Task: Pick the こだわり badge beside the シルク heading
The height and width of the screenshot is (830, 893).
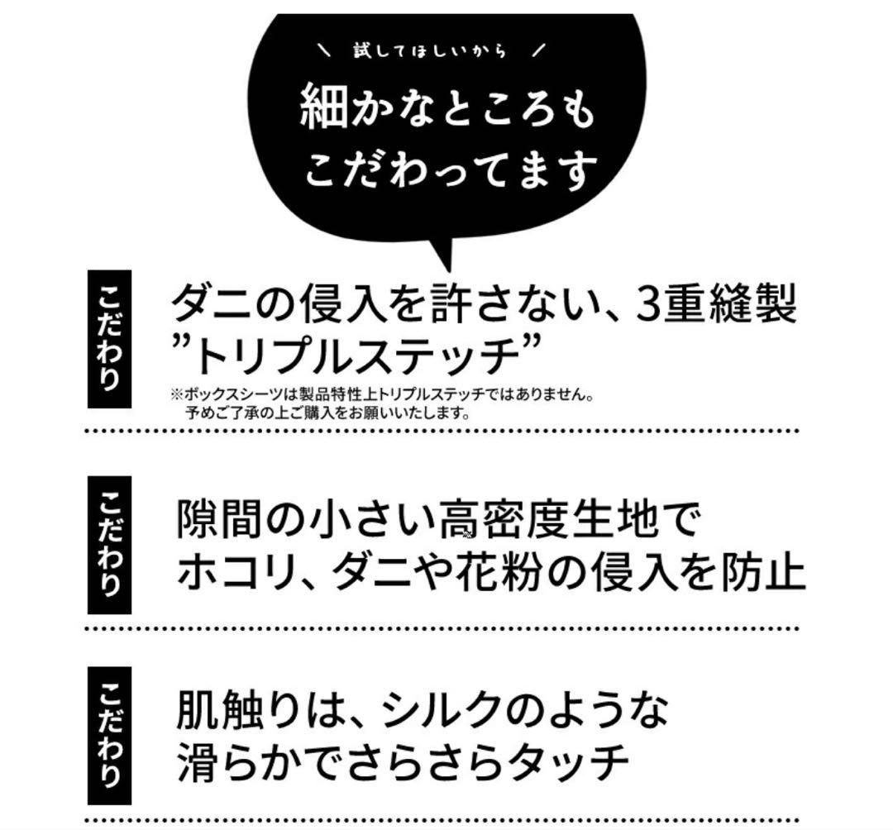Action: click(x=109, y=734)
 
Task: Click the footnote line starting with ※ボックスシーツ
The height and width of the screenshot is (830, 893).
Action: click(x=381, y=394)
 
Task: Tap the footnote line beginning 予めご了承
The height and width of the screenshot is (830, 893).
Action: click(x=328, y=413)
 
